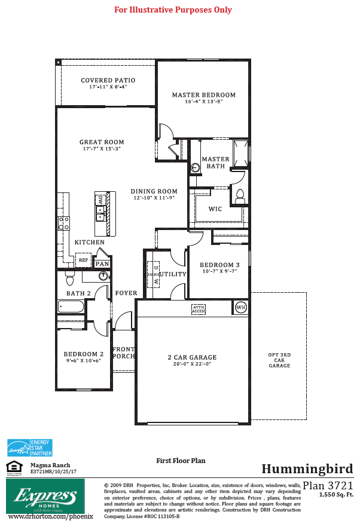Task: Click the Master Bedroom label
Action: pyautogui.click(x=203, y=95)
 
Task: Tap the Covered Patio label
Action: pyautogui.click(x=108, y=80)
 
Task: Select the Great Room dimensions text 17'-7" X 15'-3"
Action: pyautogui.click(x=102, y=149)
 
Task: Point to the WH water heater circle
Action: pyautogui.click(x=241, y=308)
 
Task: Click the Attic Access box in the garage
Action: pyautogui.click(x=199, y=309)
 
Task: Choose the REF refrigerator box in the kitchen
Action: pyautogui.click(x=84, y=261)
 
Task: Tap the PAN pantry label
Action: pyautogui.click(x=102, y=263)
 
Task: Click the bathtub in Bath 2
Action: pyautogui.click(x=71, y=307)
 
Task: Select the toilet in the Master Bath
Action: pyautogui.click(x=240, y=194)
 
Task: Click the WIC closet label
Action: pyautogui.click(x=215, y=210)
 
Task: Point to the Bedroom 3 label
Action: pyautogui.click(x=219, y=265)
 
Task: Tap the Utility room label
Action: pyautogui.click(x=173, y=274)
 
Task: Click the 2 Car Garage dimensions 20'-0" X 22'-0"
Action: pyautogui.click(x=191, y=364)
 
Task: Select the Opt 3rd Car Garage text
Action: pyautogui.click(x=279, y=360)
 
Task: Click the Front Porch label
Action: pyautogui.click(x=124, y=353)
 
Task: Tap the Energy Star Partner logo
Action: pyautogui.click(x=29, y=448)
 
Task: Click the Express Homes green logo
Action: pyautogui.click(x=45, y=496)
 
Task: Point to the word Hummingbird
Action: pyautogui.click(x=307, y=468)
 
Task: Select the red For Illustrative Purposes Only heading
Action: pyautogui.click(x=173, y=10)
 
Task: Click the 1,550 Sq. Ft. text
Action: pyautogui.click(x=335, y=495)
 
